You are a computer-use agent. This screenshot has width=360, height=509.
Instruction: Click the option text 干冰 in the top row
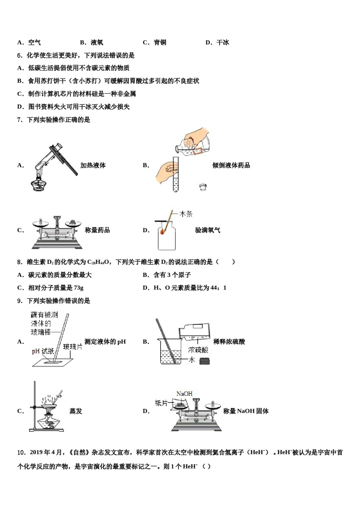(223, 42)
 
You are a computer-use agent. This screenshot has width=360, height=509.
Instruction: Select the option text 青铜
(160, 42)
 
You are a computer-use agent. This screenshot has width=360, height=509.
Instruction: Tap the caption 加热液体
(93, 165)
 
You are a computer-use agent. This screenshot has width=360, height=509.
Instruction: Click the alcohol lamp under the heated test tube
(38, 184)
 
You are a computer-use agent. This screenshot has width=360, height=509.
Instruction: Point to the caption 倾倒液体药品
(231, 165)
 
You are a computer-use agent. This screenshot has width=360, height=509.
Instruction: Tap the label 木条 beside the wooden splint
(186, 214)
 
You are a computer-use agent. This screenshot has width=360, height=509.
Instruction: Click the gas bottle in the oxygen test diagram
(167, 237)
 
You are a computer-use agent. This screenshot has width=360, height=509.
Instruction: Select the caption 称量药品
(97, 230)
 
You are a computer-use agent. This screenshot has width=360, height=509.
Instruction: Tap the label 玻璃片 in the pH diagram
(72, 347)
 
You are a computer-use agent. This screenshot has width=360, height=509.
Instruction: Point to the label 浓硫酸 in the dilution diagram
(198, 350)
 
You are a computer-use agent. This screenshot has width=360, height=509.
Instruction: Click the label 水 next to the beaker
(192, 359)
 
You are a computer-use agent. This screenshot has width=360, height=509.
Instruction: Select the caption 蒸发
(76, 411)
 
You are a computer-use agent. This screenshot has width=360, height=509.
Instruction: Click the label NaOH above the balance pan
(184, 394)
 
